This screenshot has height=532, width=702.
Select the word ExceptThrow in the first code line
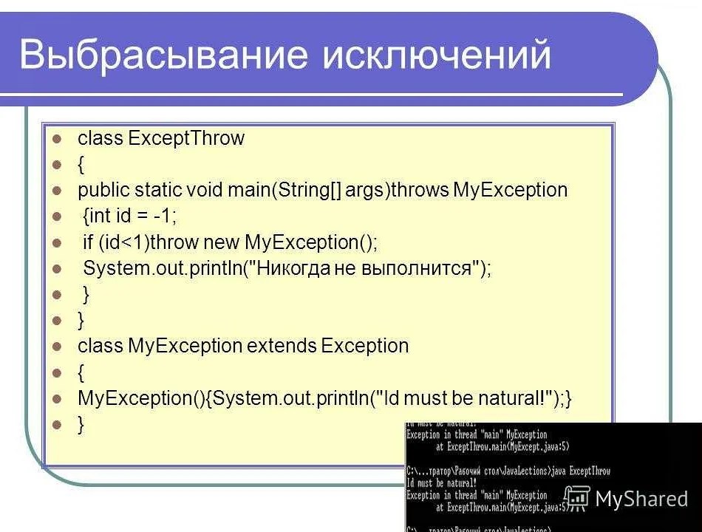pyautogui.click(x=186, y=138)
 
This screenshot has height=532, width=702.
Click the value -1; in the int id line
pyautogui.click(x=165, y=216)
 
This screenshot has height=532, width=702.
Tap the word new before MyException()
pyautogui.click(x=221, y=242)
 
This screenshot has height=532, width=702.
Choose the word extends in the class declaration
pyautogui.click(x=282, y=346)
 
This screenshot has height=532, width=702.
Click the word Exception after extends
pyautogui.click(x=365, y=346)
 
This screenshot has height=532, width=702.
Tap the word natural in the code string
pyautogui.click(x=509, y=398)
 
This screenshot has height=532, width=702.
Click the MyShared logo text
pyautogui.click(x=641, y=499)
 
